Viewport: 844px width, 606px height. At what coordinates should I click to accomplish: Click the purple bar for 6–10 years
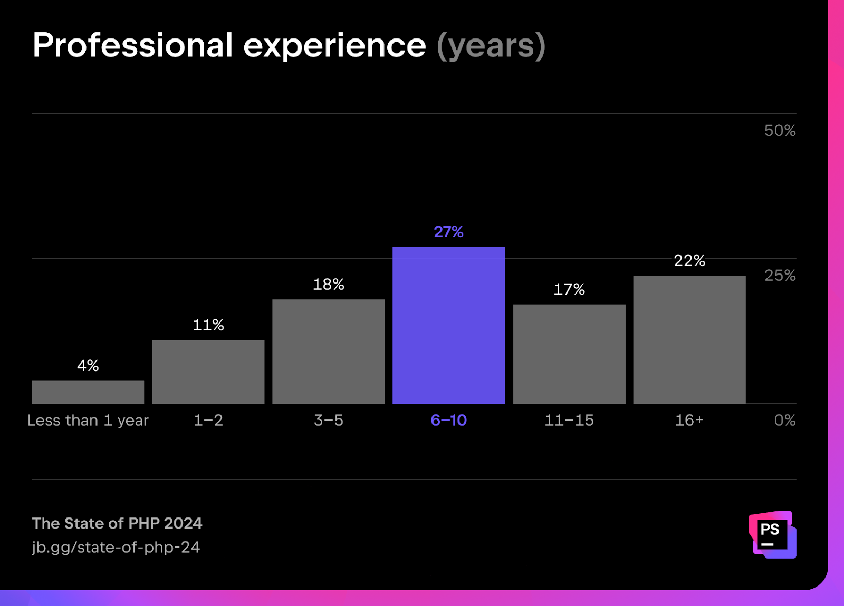click(x=448, y=325)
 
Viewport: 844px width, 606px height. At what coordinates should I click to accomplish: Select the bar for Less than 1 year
click(x=88, y=392)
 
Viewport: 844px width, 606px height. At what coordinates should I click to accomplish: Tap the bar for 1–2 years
click(x=208, y=372)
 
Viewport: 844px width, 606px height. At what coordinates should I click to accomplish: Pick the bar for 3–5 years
click(x=328, y=351)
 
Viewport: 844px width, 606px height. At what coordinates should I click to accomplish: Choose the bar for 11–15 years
click(x=569, y=354)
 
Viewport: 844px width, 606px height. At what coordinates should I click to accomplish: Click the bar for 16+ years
click(x=689, y=339)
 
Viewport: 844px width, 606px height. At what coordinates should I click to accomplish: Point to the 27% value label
click(x=448, y=232)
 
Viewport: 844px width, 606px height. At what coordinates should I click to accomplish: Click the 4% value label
click(x=88, y=366)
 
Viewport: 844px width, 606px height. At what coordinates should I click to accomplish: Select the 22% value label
click(x=689, y=260)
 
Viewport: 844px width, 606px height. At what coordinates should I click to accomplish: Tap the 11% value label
click(x=208, y=325)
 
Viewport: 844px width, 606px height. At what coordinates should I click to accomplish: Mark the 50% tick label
click(x=780, y=131)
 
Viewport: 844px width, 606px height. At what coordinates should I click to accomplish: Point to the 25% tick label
click(x=780, y=275)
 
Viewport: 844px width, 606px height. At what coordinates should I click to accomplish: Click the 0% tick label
click(x=784, y=420)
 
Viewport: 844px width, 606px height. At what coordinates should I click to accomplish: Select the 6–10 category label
click(x=448, y=420)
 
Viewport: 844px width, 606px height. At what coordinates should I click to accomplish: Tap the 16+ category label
click(x=689, y=420)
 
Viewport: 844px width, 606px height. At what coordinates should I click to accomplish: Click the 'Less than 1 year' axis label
click(x=88, y=420)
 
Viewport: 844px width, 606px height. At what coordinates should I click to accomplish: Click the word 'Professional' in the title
click(x=132, y=45)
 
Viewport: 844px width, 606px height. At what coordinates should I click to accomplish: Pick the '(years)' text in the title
click(x=491, y=46)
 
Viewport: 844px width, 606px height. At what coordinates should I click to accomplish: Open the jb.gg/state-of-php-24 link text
click(x=116, y=547)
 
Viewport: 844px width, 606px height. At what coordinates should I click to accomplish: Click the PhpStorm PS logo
click(x=772, y=534)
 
